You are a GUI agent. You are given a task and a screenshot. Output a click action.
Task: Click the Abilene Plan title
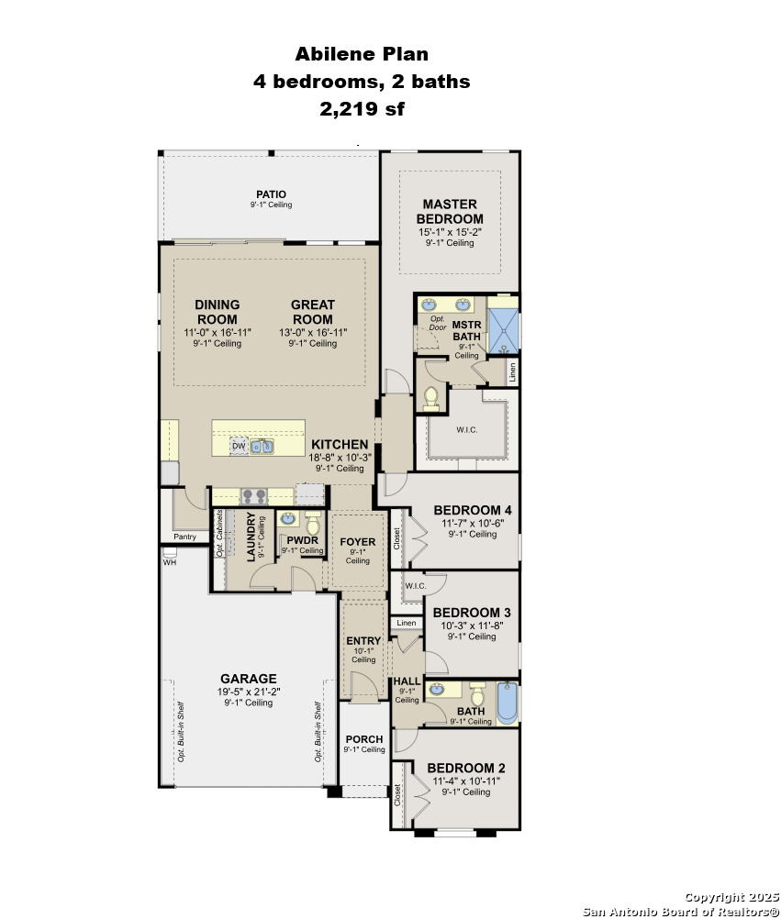pos(362,54)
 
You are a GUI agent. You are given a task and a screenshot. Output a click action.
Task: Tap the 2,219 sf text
pos(362,109)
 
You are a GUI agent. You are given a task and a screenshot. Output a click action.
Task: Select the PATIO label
pos(271,194)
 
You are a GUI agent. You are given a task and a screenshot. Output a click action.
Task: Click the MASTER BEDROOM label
pos(450,211)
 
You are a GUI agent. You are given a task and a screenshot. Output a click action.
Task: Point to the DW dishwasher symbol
pos(239,446)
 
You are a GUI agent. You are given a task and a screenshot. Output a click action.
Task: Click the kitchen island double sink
pos(262,447)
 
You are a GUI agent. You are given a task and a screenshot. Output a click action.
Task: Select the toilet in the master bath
pos(431,399)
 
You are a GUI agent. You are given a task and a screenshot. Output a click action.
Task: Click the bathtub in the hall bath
pos(508,703)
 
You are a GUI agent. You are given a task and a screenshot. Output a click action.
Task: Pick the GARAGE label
pos(248,679)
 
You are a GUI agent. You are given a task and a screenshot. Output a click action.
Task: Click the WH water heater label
pos(170,562)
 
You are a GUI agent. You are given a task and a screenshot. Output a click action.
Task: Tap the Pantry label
pos(184,537)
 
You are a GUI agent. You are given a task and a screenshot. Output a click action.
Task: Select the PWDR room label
pos(303,540)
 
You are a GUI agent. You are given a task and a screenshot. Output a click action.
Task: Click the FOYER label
pos(358,542)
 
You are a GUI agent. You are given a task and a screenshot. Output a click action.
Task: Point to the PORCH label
pos(364,739)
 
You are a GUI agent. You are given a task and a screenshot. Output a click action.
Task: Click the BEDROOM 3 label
pos(472,613)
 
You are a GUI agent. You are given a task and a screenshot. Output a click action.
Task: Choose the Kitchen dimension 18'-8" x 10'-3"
pos(340,457)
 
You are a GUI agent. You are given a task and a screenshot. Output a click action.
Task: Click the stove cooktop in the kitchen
pos(254,496)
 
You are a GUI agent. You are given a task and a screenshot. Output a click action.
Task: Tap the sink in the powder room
pos(288,519)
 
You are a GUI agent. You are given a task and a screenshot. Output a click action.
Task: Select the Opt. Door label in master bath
pos(438,323)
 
